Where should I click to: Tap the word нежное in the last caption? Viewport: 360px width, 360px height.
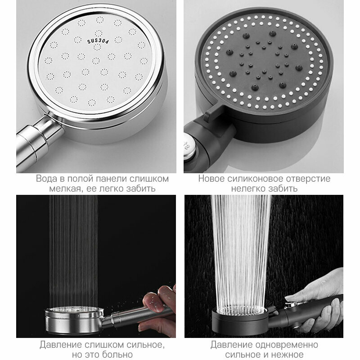pyautogui.click(x=290, y=355)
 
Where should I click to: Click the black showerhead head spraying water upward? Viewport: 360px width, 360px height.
pyautogui.click(x=240, y=320)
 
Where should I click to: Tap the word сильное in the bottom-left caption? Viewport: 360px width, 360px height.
pyautogui.click(x=145, y=345)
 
